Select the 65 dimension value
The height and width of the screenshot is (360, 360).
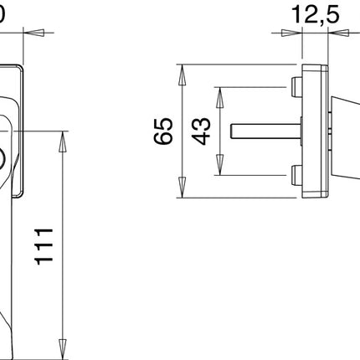pyautogui.click(x=164, y=131)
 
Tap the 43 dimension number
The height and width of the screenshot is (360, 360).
pyautogui.click(x=202, y=131)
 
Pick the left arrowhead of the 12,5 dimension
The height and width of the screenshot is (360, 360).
pyautogui.click(x=294, y=33)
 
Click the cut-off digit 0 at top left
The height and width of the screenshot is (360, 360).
pyautogui.click(x=3, y=13)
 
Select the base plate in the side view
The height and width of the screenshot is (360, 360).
pyautogui.click(x=315, y=131)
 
